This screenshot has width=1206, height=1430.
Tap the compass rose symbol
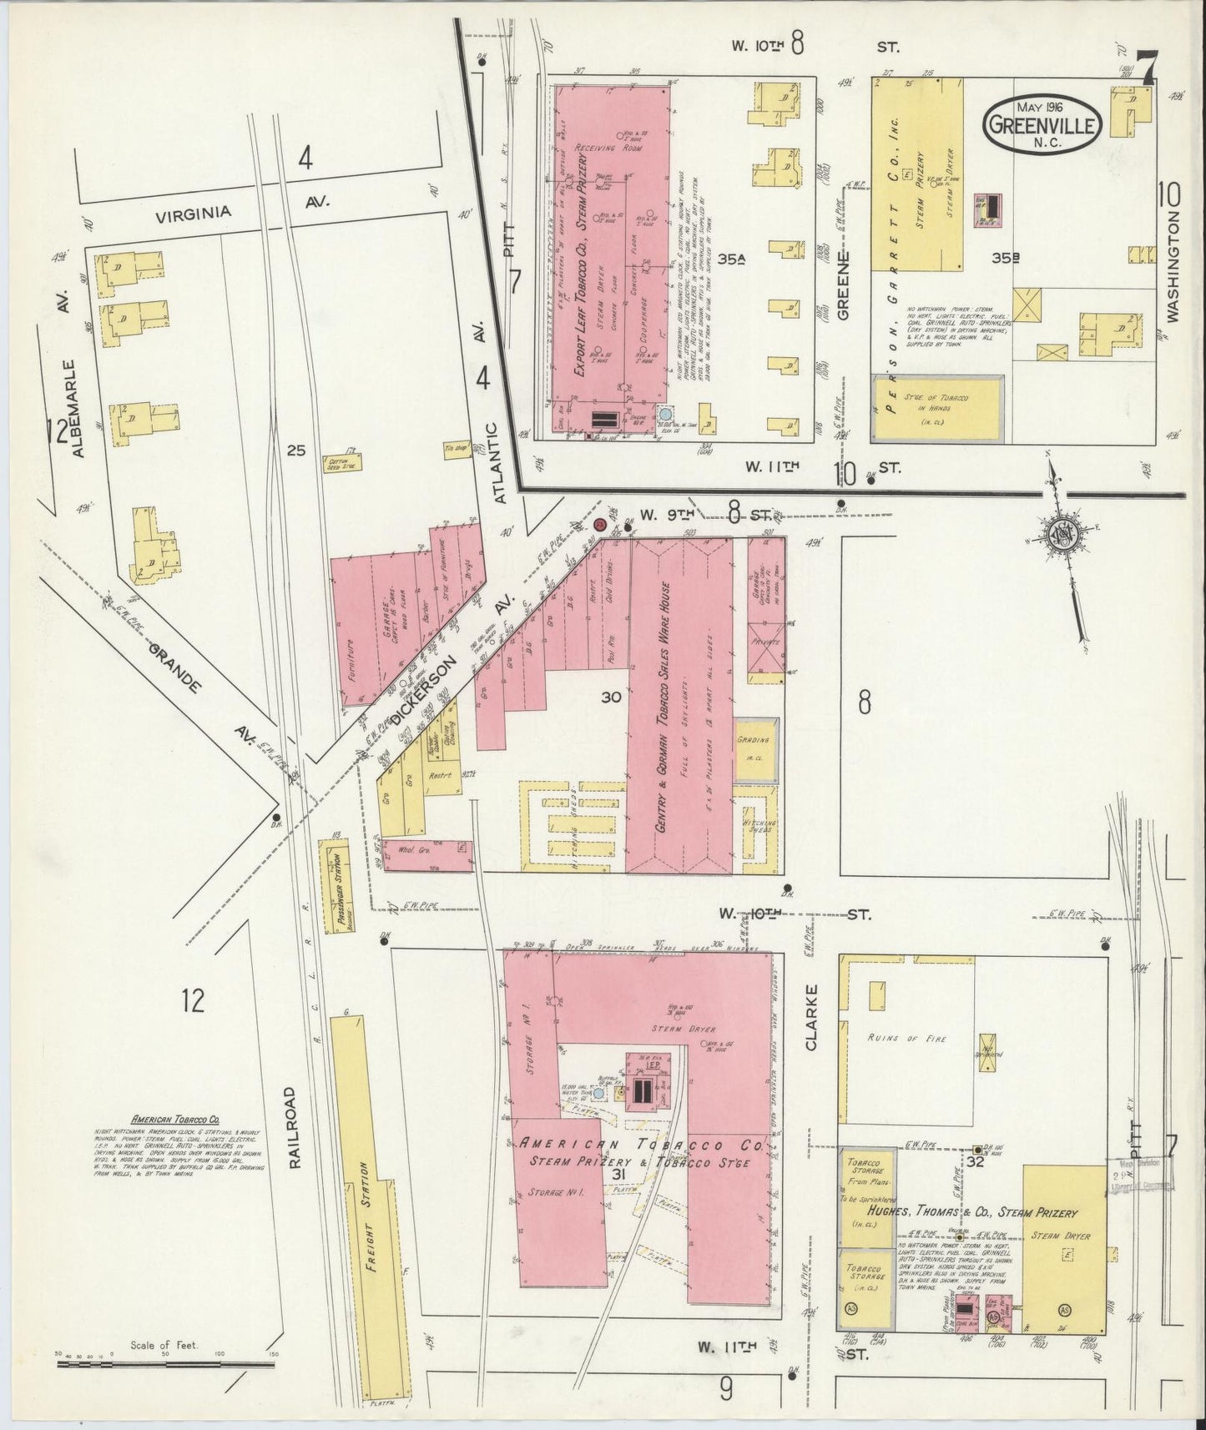point(1062,534)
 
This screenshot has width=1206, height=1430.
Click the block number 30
point(611,697)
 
